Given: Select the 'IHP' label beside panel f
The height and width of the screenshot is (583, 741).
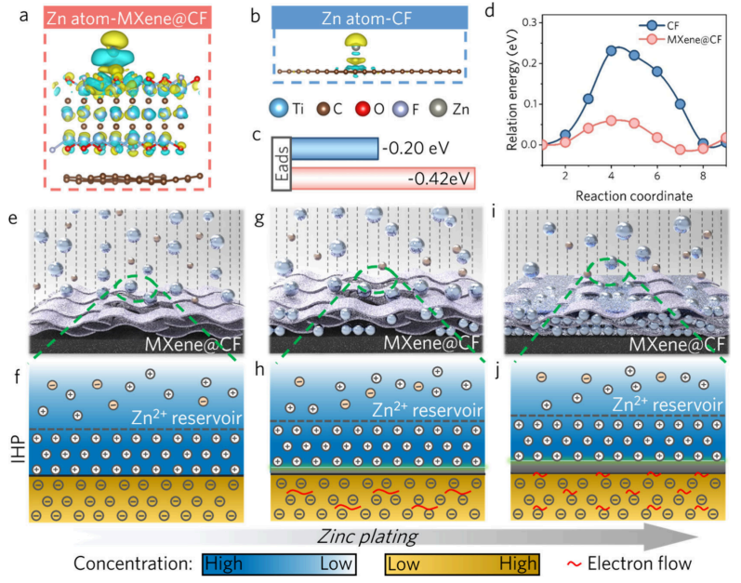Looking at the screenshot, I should coord(10,456).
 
